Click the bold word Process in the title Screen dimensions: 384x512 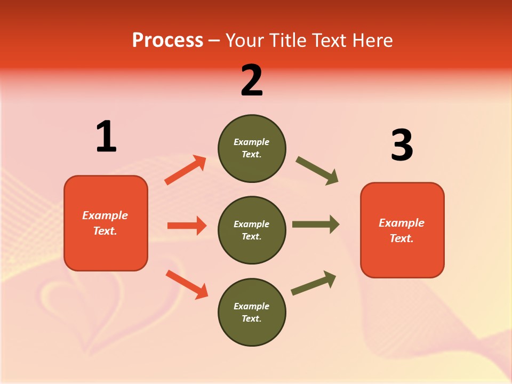point(167,40)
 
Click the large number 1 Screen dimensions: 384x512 point(106,137)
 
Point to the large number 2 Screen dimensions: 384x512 point(252,81)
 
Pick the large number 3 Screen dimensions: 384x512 point(402,146)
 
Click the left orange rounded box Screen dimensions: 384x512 point(106,223)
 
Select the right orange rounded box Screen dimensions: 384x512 point(402,230)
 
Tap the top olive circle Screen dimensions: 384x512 point(252,148)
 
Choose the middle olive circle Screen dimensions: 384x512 point(252,230)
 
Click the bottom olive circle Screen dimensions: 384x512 point(252,312)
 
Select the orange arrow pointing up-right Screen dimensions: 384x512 point(186,170)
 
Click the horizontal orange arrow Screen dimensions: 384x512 point(187,226)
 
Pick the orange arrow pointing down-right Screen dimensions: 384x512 point(187,284)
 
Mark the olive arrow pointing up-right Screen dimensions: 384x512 point(314,283)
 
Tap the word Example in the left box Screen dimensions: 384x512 point(105,215)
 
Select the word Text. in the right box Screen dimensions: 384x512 point(402,238)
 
